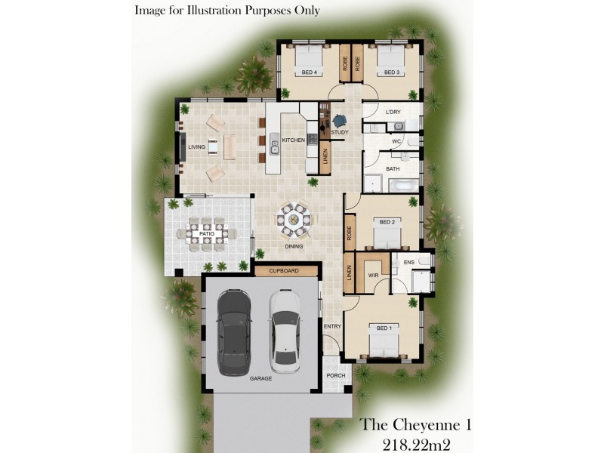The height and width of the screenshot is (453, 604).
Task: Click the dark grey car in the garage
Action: coord(234,332)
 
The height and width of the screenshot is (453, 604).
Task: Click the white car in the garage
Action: coord(285,331)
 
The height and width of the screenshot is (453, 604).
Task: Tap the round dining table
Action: coord(294,220)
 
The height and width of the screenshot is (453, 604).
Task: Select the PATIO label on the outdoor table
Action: coord(207,234)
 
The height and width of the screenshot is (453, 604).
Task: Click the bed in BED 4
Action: coord(309,60)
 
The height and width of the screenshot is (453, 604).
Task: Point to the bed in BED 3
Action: coord(391,60)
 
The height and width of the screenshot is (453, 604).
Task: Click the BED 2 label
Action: coord(387,222)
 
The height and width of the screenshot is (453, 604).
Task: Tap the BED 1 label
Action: coord(384,328)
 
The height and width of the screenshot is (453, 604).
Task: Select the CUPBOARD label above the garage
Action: coord(284,271)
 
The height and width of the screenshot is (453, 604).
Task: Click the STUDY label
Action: coord(340,132)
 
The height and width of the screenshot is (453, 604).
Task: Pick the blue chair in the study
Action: coord(340,121)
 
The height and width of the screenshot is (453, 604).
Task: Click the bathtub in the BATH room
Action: coord(404,186)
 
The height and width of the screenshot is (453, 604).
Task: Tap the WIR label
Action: coord(373,276)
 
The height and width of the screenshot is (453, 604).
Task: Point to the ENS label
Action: coord(409,262)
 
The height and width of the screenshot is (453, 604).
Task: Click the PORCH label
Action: coord(336,375)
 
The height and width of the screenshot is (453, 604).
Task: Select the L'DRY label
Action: coord(393,112)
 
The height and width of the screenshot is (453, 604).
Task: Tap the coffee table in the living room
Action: coord(213,147)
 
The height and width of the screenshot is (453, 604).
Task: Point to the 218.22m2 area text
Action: coord(417,445)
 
